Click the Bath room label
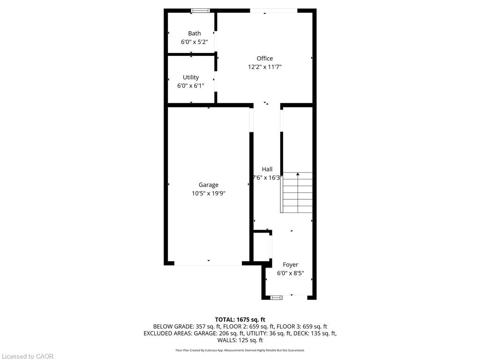click(x=195, y=33)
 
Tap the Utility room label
click(x=191, y=77)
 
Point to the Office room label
click(x=264, y=59)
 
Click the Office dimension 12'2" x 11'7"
click(x=264, y=67)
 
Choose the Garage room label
click(x=208, y=185)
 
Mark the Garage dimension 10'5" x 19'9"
click(x=208, y=193)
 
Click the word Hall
click(x=267, y=169)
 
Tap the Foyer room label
click(x=290, y=265)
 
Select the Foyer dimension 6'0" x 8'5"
click(x=290, y=273)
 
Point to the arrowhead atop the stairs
click(x=298, y=174)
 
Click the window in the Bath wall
click(x=201, y=10)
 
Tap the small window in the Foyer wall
click(x=277, y=297)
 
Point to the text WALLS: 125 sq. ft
click(x=240, y=340)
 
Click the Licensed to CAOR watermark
click(x=27, y=356)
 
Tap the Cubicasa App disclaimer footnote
click(x=240, y=350)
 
